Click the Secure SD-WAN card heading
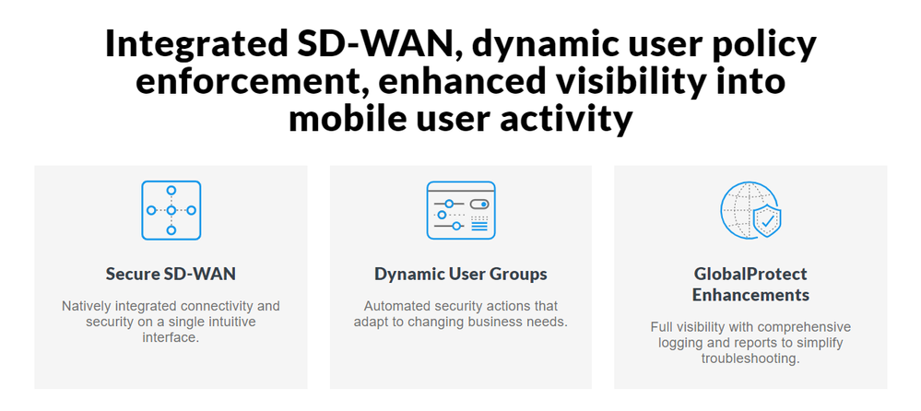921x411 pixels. pyautogui.click(x=171, y=275)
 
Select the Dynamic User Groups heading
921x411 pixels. pyautogui.click(x=461, y=275)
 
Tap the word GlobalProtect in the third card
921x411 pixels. pyautogui.click(x=750, y=275)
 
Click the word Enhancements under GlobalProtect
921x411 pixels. pyautogui.click(x=750, y=294)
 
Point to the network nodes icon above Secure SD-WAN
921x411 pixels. pyautogui.click(x=171, y=210)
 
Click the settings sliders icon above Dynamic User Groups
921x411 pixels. pyautogui.click(x=461, y=210)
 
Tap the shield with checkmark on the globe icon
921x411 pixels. pyautogui.click(x=767, y=221)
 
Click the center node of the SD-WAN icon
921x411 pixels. pyautogui.click(x=171, y=210)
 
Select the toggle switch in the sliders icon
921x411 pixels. pyautogui.click(x=479, y=204)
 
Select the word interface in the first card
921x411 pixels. pyautogui.click(x=169, y=338)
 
